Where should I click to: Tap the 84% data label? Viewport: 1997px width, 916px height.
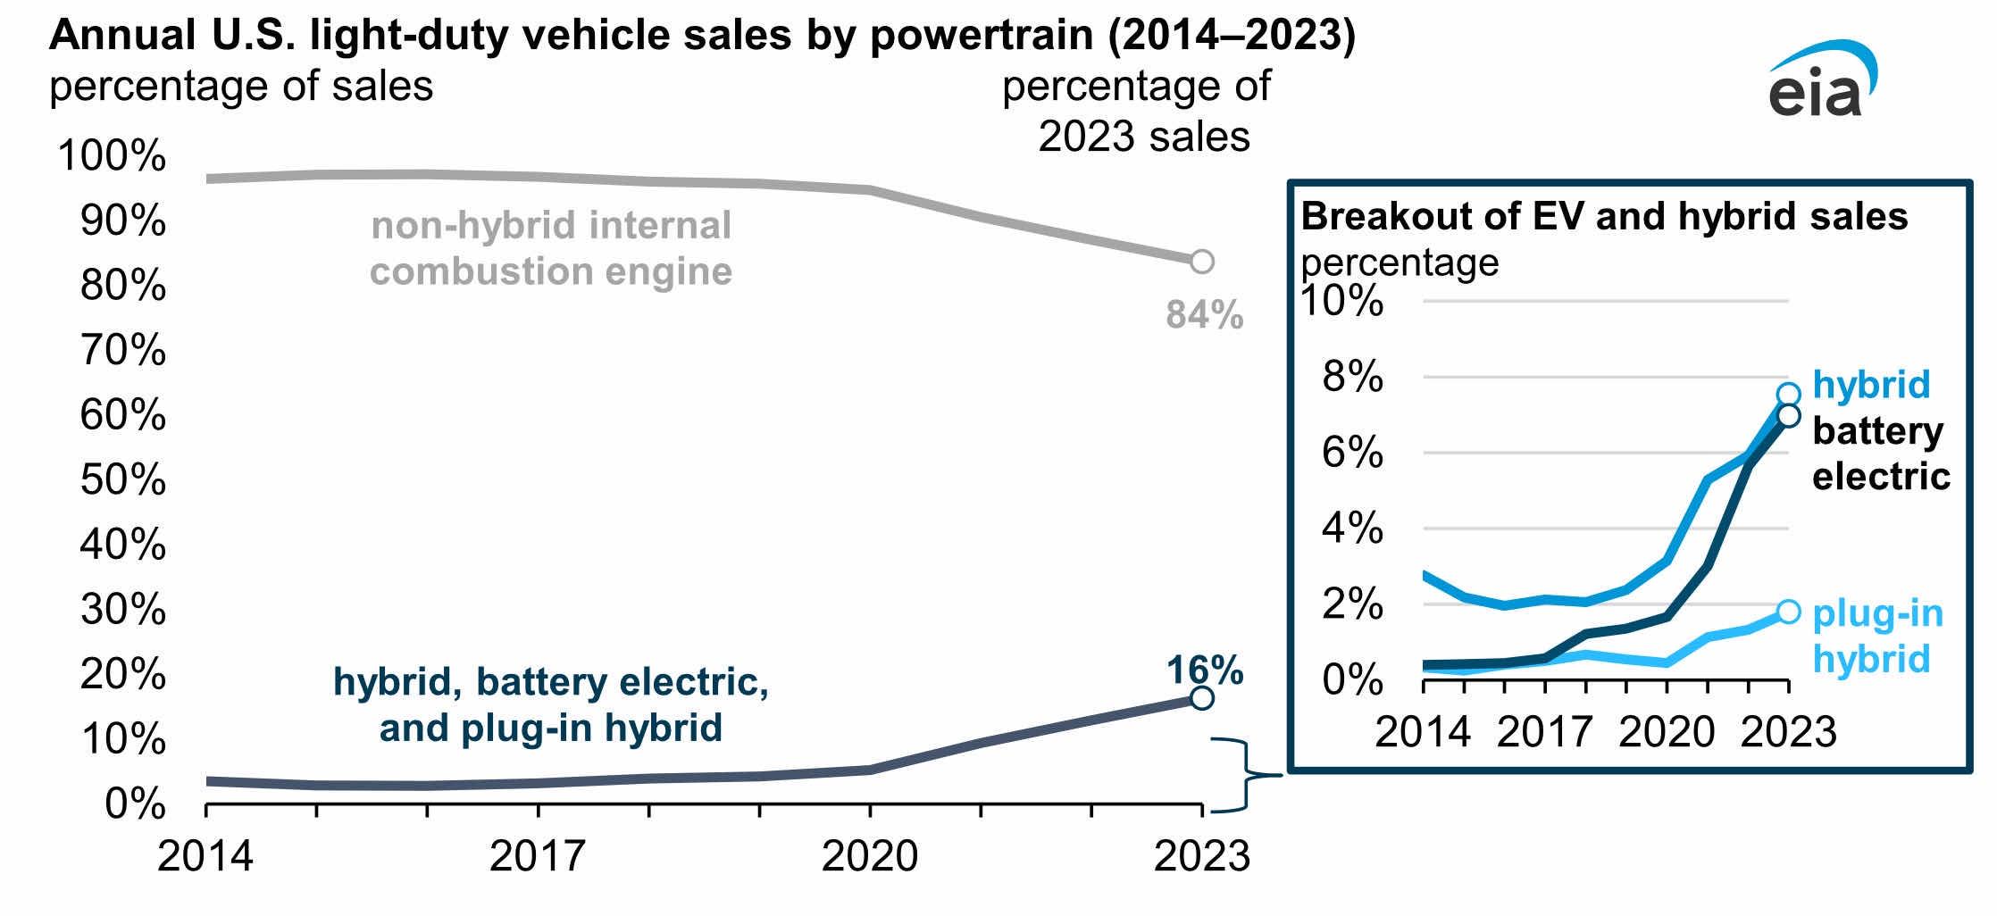[x=1204, y=315]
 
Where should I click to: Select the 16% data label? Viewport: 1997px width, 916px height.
[x=1204, y=670]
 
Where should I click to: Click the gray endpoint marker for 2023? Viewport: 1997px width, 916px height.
[x=1202, y=262]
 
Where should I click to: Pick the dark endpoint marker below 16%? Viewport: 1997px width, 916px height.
[x=1202, y=697]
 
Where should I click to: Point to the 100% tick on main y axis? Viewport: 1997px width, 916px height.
[x=112, y=156]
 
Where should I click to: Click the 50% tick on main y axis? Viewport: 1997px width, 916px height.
[x=123, y=480]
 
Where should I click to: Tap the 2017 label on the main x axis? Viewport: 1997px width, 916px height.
[x=537, y=855]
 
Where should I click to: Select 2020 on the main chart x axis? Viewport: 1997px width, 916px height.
[x=869, y=855]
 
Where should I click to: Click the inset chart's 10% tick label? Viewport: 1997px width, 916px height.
[x=1341, y=302]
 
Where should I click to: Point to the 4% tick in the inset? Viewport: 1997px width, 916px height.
[x=1352, y=529]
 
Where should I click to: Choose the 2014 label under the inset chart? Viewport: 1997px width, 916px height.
[x=1422, y=732]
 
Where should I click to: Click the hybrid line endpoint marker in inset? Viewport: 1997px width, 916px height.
[x=1788, y=395]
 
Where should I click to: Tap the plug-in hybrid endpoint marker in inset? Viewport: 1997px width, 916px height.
[x=1788, y=612]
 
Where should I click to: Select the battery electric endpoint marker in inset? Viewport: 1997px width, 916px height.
[x=1788, y=415]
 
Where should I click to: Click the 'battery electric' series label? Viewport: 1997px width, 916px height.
[x=1880, y=454]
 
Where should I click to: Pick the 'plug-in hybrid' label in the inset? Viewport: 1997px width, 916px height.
[x=1877, y=636]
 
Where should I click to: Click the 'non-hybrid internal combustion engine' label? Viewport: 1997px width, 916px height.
[x=551, y=248]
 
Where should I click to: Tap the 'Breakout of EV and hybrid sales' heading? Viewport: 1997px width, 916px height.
[x=1604, y=217]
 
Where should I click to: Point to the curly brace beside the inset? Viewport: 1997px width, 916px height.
[x=1246, y=775]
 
